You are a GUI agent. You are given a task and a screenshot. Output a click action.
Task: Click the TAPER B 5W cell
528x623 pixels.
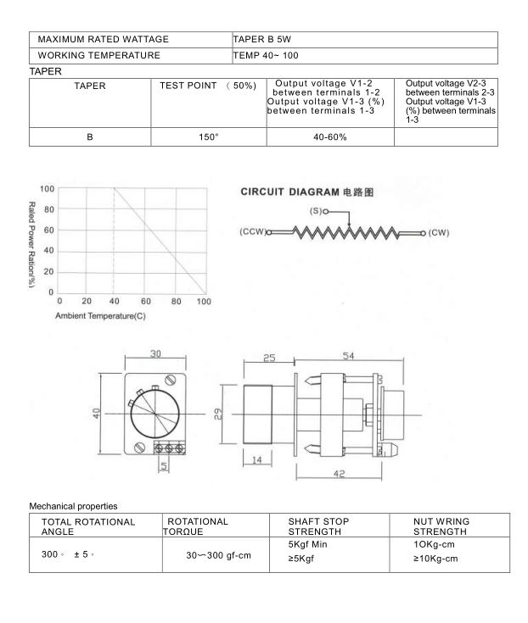263,39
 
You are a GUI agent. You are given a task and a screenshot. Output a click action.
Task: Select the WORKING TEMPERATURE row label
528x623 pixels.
99,55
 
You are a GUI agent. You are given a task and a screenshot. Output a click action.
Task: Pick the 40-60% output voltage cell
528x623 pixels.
330,137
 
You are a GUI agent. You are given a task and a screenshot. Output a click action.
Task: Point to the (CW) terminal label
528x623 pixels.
438,231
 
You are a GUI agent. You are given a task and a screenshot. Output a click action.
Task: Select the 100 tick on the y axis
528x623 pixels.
47,188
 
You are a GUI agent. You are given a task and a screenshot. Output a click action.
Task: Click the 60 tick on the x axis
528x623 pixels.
146,302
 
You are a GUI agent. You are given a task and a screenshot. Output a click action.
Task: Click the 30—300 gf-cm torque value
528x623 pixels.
218,557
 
